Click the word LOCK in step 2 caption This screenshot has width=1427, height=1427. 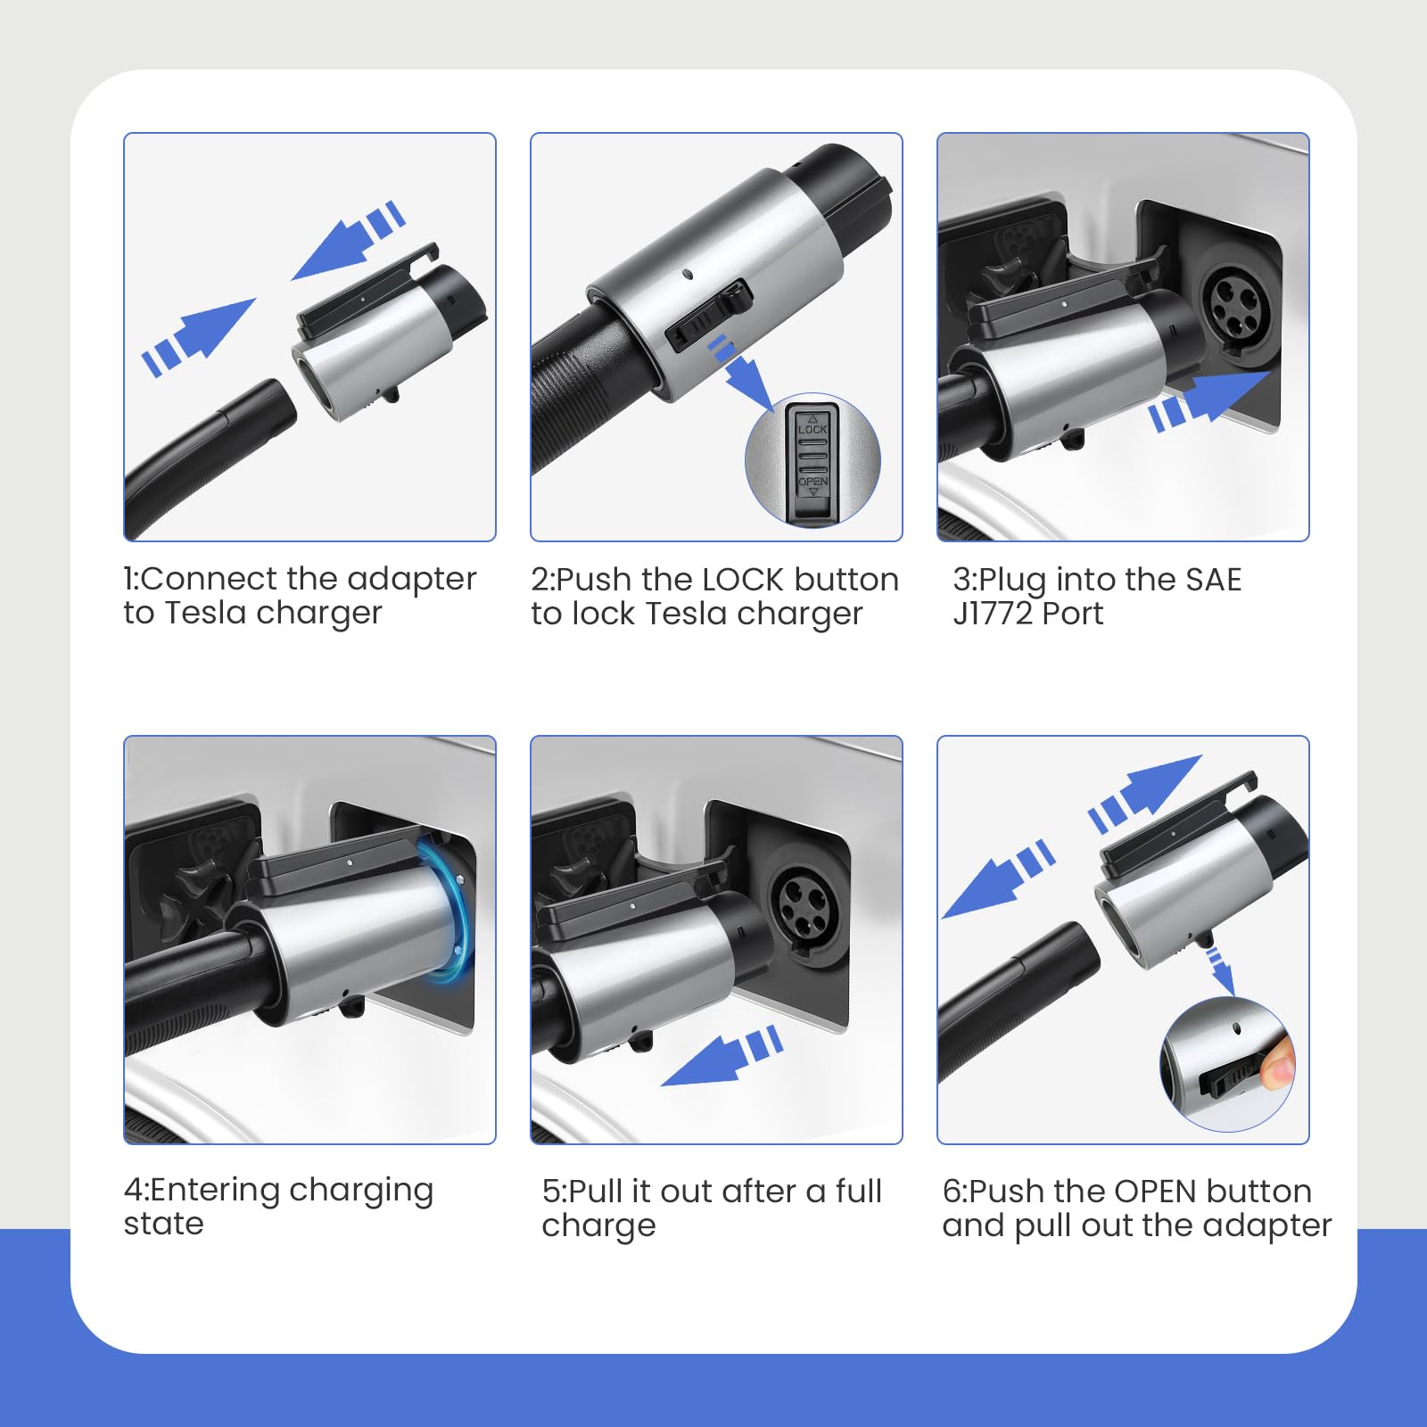[744, 580]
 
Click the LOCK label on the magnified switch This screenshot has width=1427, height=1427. [812, 429]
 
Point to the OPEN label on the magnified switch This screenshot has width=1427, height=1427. [812, 482]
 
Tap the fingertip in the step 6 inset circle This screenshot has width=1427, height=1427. [1281, 1065]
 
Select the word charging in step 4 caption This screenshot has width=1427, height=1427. [360, 1192]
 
